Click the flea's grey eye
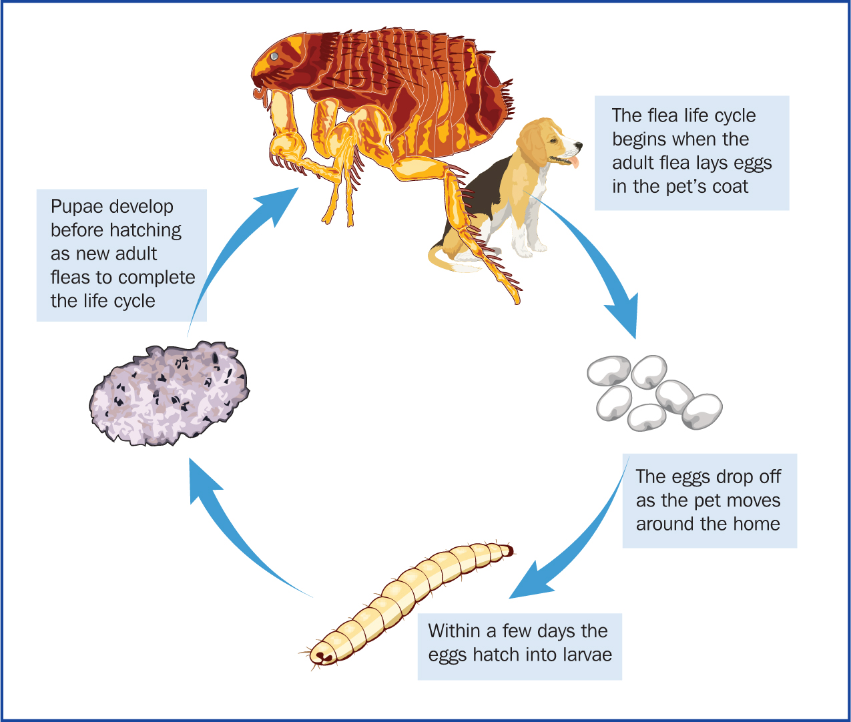coord(274,56)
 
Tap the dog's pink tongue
coord(573,161)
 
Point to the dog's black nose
coord(579,145)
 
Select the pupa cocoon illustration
coord(170,393)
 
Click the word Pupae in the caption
coord(77,207)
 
